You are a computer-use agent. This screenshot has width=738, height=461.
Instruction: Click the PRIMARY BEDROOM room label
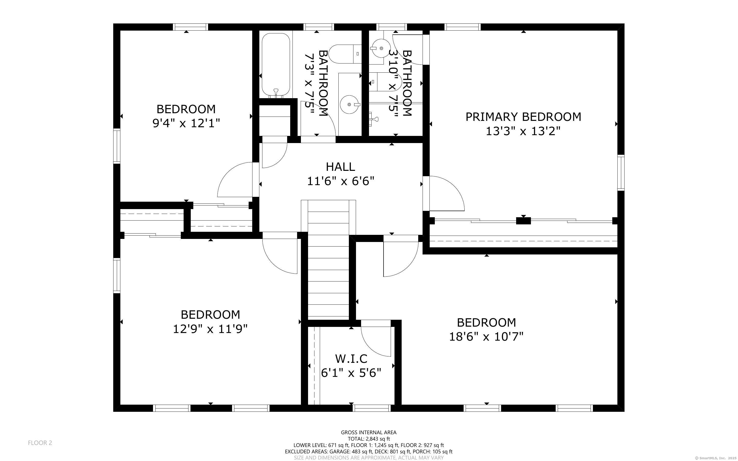pyautogui.click(x=523, y=117)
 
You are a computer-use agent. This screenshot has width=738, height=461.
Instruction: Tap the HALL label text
pyautogui.click(x=340, y=167)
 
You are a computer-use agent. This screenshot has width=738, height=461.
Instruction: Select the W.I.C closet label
pyautogui.click(x=351, y=358)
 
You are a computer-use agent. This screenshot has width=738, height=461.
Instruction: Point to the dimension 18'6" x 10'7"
pyautogui.click(x=486, y=337)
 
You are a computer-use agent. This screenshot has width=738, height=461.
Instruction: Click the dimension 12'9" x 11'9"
pyautogui.click(x=210, y=329)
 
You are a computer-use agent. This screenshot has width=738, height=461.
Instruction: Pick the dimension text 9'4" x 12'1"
pyautogui.click(x=186, y=123)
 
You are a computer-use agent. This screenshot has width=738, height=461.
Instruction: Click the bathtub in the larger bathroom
pyautogui.click(x=276, y=65)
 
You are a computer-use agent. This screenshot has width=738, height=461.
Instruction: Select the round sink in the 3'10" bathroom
pyautogui.click(x=379, y=48)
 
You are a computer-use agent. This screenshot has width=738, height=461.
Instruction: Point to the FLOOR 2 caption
pyautogui.click(x=40, y=443)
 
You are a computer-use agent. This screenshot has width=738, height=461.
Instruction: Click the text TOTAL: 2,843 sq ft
pyautogui.click(x=368, y=439)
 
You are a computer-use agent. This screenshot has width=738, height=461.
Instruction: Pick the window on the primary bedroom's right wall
pyautogui.click(x=621, y=173)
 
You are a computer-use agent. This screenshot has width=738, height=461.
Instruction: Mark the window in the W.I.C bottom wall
pyautogui.click(x=372, y=408)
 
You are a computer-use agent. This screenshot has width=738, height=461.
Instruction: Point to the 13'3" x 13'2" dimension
pyautogui.click(x=523, y=131)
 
